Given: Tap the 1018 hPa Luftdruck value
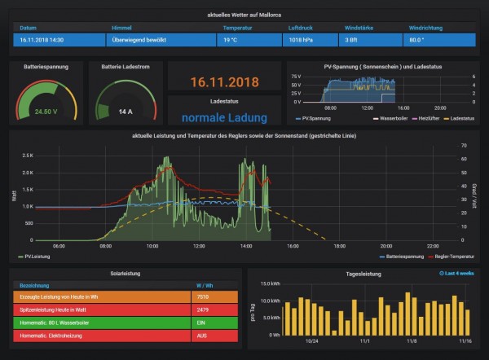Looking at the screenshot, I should coord(301,39).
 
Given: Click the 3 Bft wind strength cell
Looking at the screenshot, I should coord(351,39).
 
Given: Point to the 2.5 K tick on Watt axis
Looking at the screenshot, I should coord(28,155).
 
